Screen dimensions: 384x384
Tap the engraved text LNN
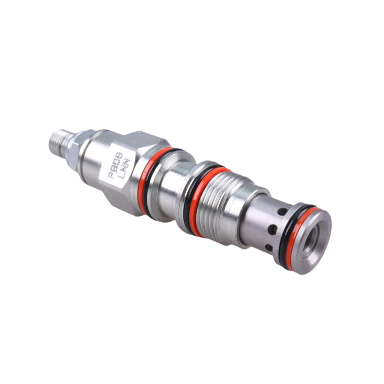125,168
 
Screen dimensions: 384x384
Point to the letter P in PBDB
111,175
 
